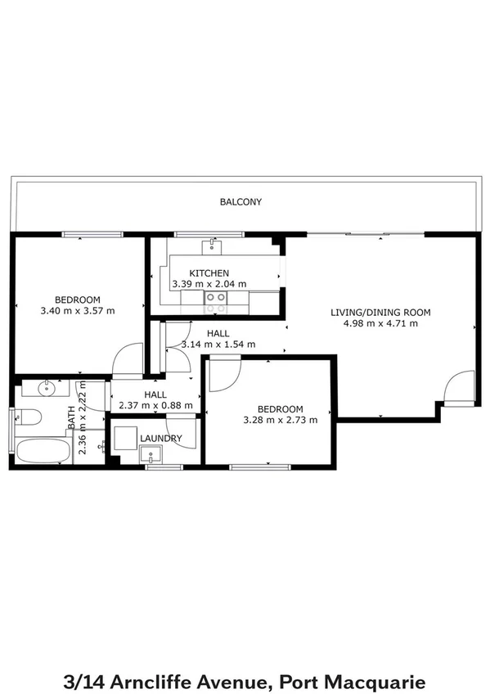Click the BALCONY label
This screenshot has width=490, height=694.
click(x=241, y=201)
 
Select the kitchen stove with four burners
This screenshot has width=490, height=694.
click(x=216, y=303)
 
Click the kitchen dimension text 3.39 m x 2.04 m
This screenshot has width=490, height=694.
click(x=209, y=284)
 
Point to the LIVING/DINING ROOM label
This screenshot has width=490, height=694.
click(x=380, y=312)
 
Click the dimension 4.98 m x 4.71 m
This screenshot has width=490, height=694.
click(x=380, y=323)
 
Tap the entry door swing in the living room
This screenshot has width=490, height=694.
click(x=459, y=386)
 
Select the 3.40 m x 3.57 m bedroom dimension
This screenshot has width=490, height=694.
click(x=77, y=311)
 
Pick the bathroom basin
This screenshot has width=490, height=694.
click(x=47, y=387)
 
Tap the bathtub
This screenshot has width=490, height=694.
click(x=43, y=451)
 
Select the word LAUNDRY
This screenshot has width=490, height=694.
click(x=160, y=439)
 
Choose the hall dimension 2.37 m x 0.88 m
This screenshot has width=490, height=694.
click(x=155, y=405)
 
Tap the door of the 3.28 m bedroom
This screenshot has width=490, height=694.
click(x=223, y=376)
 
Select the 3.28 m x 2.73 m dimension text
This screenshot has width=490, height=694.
click(x=281, y=421)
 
